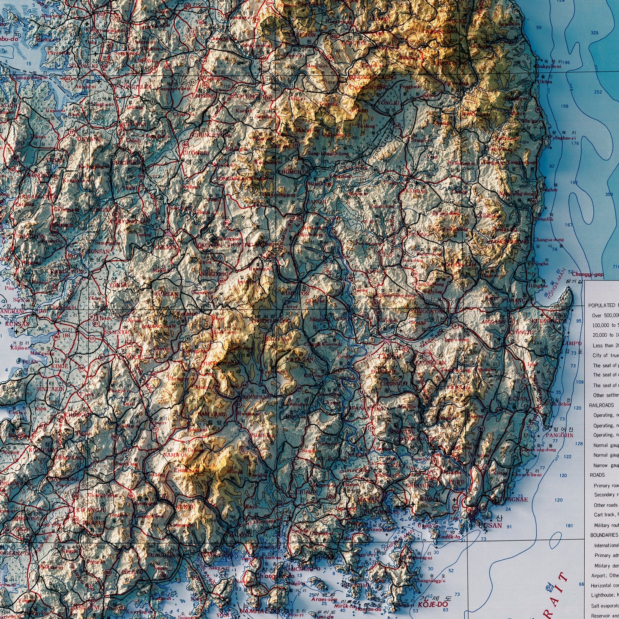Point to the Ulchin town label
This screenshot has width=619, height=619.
pyautogui.click(x=545, y=81)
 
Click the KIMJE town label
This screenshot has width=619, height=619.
pyautogui.click(x=60, y=367)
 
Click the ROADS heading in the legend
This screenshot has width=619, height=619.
pyautogui.click(x=597, y=475)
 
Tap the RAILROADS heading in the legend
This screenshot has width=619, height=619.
pyautogui.click(x=601, y=405)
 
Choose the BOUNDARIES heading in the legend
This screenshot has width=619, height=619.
pyautogui.click(x=604, y=535)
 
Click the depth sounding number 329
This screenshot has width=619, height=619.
pyautogui.click(x=594, y=33)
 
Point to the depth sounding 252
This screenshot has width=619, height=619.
pyautogui.click(x=598, y=92)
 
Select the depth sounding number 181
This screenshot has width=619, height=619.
pyautogui.click(x=569, y=526)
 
